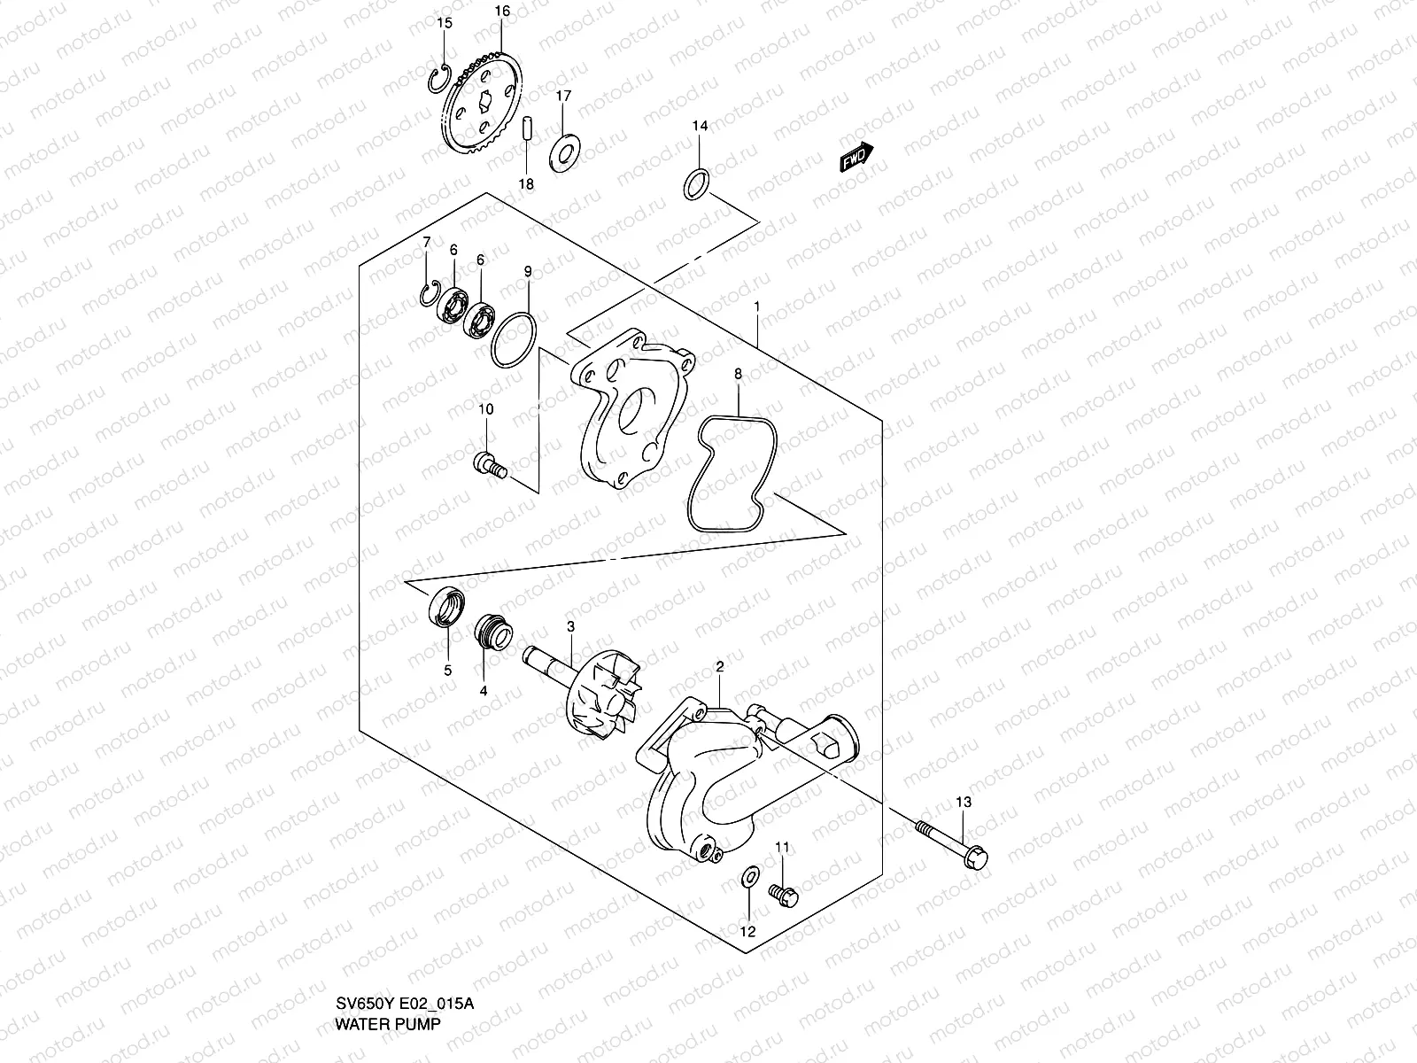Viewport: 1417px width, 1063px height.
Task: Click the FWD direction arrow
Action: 856,156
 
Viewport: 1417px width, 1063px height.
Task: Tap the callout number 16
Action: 502,12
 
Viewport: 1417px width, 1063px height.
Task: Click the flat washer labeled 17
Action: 564,152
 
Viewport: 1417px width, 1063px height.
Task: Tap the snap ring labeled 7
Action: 428,297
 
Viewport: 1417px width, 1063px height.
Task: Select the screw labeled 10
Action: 490,463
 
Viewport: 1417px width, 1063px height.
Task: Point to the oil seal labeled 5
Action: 443,609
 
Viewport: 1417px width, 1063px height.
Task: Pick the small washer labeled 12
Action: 747,878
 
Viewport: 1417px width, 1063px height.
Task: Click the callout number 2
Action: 720,666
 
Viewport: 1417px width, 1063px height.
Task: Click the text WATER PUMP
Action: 387,1048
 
